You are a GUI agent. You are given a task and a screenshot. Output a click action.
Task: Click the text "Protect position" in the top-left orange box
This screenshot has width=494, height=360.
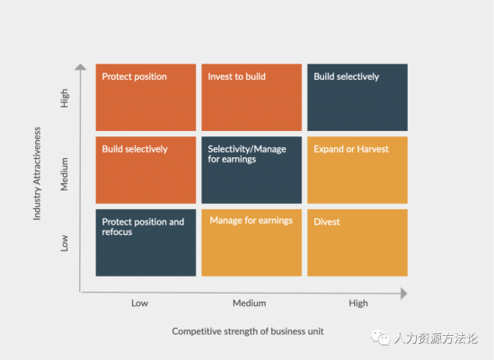pyautogui.click(x=134, y=77)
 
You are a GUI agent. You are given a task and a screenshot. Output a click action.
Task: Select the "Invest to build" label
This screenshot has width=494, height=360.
pyautogui.click(x=236, y=76)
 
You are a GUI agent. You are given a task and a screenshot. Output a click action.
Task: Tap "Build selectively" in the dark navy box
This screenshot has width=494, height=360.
pyautogui.click(x=346, y=77)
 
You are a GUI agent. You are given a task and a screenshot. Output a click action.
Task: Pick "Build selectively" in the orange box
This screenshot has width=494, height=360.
pyautogui.click(x=135, y=149)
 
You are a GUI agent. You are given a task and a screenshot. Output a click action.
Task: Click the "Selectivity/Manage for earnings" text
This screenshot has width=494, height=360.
pyautogui.click(x=247, y=154)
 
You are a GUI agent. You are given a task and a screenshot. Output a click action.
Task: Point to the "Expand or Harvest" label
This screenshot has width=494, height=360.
pyautogui.click(x=351, y=149)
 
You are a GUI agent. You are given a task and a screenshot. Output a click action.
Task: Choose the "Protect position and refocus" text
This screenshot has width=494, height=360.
pyautogui.click(x=143, y=227)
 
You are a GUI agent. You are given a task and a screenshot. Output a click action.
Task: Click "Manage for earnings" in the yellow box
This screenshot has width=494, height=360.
pyautogui.click(x=251, y=221)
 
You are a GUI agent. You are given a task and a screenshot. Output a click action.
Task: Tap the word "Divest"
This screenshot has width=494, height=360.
pyautogui.click(x=327, y=222)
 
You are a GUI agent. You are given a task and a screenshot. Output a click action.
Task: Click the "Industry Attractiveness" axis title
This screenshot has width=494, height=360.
pyautogui.click(x=37, y=173)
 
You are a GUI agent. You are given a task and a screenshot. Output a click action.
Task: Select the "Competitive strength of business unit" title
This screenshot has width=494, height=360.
pyautogui.click(x=248, y=331)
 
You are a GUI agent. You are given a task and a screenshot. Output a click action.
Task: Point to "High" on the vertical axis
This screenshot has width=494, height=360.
pyautogui.click(x=65, y=98)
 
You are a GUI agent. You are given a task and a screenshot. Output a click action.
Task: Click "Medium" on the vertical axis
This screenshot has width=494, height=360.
pyautogui.click(x=65, y=174)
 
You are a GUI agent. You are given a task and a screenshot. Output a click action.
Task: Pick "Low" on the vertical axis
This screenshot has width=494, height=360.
pyautogui.click(x=65, y=243)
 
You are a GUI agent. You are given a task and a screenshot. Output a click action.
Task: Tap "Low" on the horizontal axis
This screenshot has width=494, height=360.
pyautogui.click(x=139, y=303)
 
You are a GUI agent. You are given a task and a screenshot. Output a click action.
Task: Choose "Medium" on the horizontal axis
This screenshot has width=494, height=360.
pyautogui.click(x=249, y=303)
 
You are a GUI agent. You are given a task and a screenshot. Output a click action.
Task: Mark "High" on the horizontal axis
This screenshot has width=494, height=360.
pyautogui.click(x=358, y=303)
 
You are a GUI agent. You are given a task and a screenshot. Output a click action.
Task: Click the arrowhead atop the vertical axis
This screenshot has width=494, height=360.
pyautogui.click(x=80, y=66)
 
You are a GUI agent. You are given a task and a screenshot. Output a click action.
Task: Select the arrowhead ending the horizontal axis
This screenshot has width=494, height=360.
pyautogui.click(x=404, y=294)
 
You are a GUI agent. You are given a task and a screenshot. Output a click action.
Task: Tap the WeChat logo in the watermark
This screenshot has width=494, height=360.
pyautogui.click(x=381, y=338)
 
